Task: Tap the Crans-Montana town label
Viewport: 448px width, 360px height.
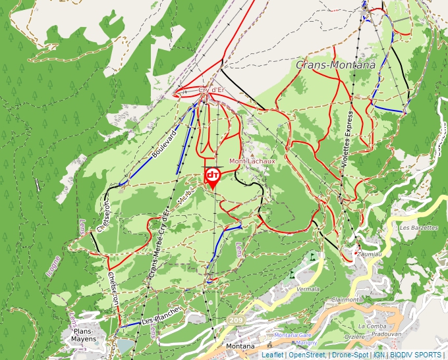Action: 335,64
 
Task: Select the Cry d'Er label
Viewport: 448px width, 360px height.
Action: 212,90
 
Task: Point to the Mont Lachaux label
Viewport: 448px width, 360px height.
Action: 252,160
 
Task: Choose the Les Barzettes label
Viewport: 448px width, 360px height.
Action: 419,228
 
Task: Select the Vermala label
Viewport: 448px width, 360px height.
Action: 308,289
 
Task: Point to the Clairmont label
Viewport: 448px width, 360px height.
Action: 346,299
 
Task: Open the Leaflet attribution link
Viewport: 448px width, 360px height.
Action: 272,355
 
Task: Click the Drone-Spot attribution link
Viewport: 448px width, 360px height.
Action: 349,355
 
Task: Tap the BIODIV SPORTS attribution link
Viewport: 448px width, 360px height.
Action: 416,355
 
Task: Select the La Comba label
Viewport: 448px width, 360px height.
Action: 370,326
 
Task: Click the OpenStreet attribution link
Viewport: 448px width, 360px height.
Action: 306,355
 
